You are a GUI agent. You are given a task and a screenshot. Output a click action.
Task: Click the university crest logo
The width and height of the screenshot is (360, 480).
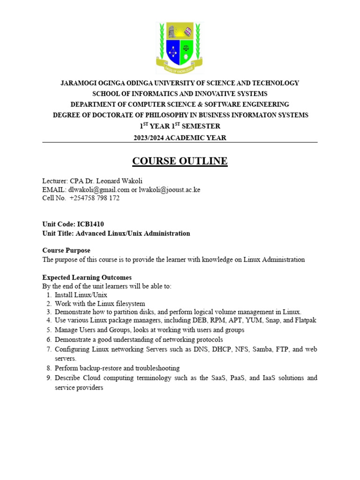[180, 47]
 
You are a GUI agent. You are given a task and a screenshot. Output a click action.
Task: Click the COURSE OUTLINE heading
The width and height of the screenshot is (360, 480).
[180, 161]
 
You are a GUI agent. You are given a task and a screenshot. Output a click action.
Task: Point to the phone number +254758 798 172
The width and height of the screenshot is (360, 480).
[95, 198]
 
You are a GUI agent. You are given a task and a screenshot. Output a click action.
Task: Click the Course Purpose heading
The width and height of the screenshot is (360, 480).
[66, 250]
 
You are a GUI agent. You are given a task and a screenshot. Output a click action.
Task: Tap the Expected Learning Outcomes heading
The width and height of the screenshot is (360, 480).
[87, 277]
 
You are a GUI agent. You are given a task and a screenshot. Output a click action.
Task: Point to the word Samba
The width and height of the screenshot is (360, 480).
[255, 349]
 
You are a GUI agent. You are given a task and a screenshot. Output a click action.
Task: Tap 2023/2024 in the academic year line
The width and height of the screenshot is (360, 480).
[152, 137]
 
